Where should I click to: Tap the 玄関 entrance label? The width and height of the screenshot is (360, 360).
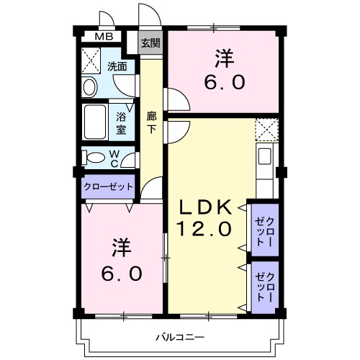tap(150, 42)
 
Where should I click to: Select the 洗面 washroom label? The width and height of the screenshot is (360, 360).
tap(117, 67)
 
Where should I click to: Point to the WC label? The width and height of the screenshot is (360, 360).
tap(114, 156)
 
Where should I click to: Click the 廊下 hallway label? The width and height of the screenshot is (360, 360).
tap(152, 123)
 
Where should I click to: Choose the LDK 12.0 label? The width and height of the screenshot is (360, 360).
tap(204, 220)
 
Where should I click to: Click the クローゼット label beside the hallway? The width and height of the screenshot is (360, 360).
tap(109, 186)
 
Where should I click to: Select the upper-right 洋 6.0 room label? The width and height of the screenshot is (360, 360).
tap(222, 69)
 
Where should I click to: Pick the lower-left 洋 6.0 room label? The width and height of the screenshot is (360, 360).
tap(121, 261)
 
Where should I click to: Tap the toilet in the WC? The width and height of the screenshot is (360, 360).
tap(91, 156)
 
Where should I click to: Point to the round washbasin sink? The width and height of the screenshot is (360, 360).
tap(90, 87)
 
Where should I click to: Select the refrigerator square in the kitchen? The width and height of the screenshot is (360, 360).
tap(266, 130)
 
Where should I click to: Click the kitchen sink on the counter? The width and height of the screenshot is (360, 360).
tap(264, 156)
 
